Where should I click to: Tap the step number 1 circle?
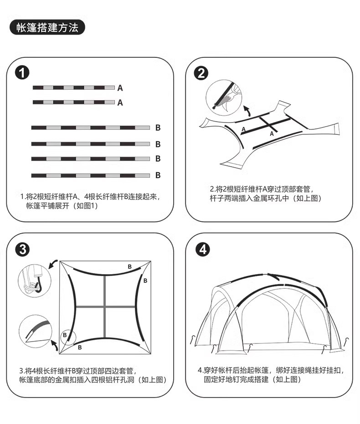(x=23, y=73)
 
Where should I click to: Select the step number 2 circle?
(x=201, y=73)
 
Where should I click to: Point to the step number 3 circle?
(x=23, y=249)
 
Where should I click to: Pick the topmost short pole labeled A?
(x=73, y=87)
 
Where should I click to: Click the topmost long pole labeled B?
(x=91, y=128)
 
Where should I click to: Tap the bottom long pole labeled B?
(x=91, y=175)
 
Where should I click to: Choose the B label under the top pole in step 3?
(x=129, y=266)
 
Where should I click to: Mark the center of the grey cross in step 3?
(x=105, y=307)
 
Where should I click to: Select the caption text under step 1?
(x=90, y=201)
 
